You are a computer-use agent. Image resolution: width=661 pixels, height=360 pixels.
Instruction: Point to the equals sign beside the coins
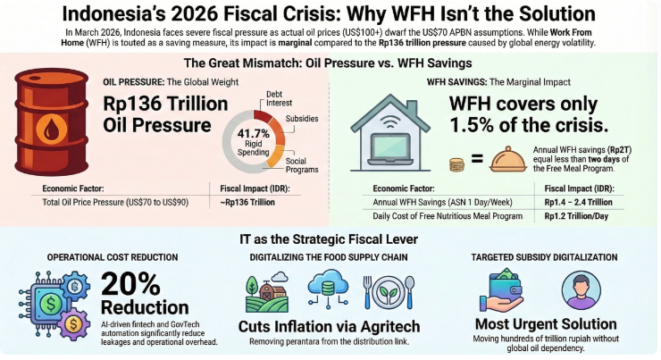(477, 162)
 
